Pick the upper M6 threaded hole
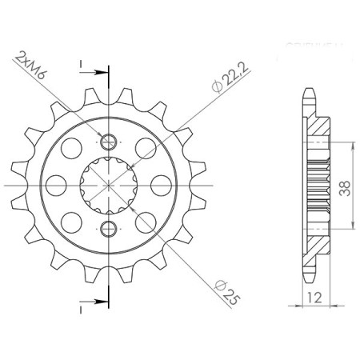click(x=109, y=142)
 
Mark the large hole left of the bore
click(x=56, y=185)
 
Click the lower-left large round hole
click(x=70, y=222)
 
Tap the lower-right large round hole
click(x=146, y=222)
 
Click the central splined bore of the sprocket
click(x=109, y=185)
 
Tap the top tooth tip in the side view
click(x=310, y=90)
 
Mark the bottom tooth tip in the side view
click(x=310, y=280)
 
